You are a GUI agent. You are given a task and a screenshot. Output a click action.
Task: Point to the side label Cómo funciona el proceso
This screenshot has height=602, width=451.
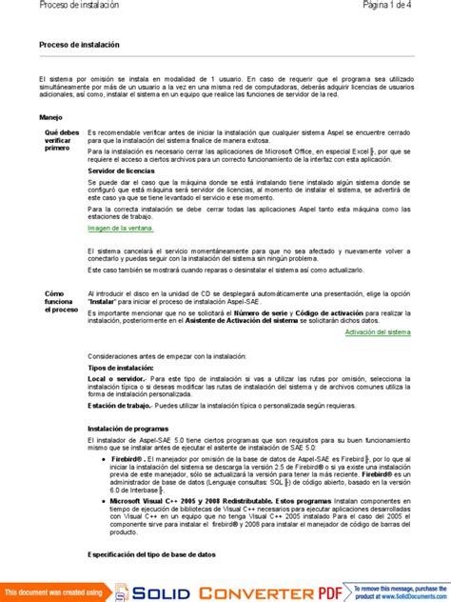(x=57, y=302)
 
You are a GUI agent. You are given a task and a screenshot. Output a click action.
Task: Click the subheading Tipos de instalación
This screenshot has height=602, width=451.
(x=121, y=367)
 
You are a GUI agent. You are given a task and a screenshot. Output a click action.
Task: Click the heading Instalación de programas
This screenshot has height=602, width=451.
(x=129, y=430)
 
